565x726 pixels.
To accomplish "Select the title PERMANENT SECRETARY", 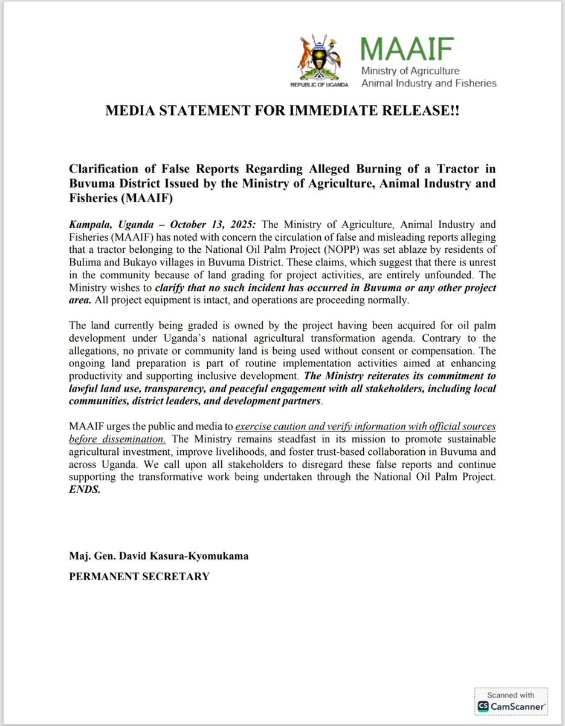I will coord(139,576).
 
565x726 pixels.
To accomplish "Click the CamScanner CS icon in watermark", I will coord(483,706).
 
